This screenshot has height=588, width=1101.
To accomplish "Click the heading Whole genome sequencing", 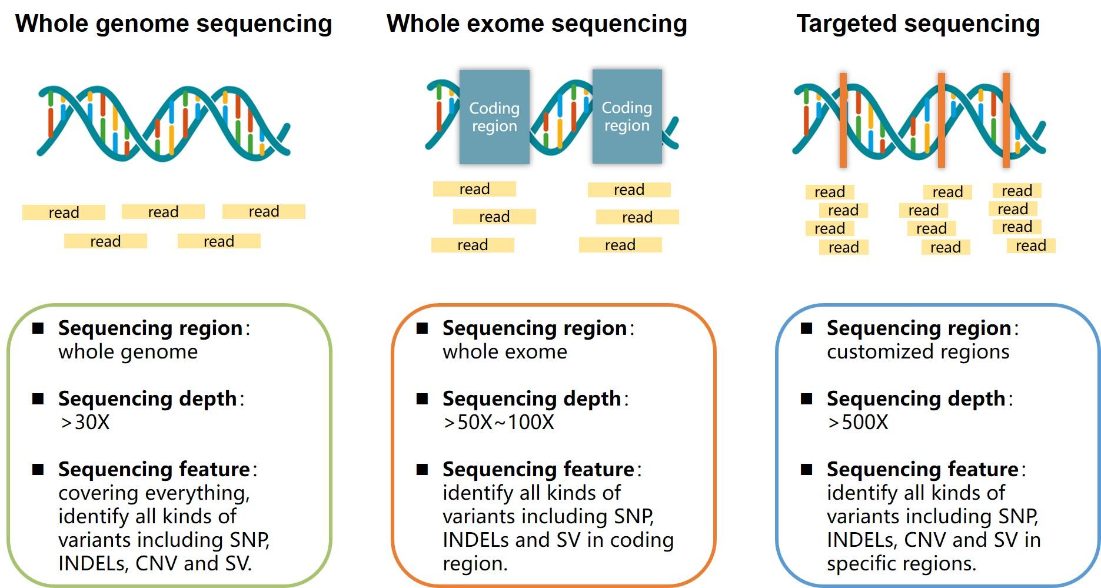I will tap(174, 24).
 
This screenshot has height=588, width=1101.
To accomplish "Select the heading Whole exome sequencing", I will tap(536, 24).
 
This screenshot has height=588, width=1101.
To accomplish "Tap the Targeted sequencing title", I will tap(917, 24).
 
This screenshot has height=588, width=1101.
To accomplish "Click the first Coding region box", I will tap(494, 117).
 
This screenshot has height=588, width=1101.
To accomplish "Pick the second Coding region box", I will tap(627, 116).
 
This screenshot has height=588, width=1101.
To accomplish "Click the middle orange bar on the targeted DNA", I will tap(941, 120).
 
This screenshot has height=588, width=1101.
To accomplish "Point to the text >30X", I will tap(85, 423).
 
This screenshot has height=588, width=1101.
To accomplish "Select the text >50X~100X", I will tap(498, 423).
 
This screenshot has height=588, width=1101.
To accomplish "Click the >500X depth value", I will tap(857, 423).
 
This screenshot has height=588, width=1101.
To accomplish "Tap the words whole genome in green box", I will tap(128, 352).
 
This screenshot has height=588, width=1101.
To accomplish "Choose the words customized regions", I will tap(917, 352).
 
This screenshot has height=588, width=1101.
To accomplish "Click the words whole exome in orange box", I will tap(504, 352).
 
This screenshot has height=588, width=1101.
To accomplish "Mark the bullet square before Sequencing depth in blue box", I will tap(806, 399).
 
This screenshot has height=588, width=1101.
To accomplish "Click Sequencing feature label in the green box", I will tap(154, 470).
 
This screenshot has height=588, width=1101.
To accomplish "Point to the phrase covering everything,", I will tap(154, 493).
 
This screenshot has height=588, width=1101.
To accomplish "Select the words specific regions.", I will tap(901, 564).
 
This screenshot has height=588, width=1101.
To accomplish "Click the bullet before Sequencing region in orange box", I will tap(422, 328).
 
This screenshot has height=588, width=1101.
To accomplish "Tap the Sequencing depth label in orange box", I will tap(531, 399).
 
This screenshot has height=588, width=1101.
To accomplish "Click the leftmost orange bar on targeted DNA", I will tap(843, 120).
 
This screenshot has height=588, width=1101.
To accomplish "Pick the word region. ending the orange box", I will tap(475, 564).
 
